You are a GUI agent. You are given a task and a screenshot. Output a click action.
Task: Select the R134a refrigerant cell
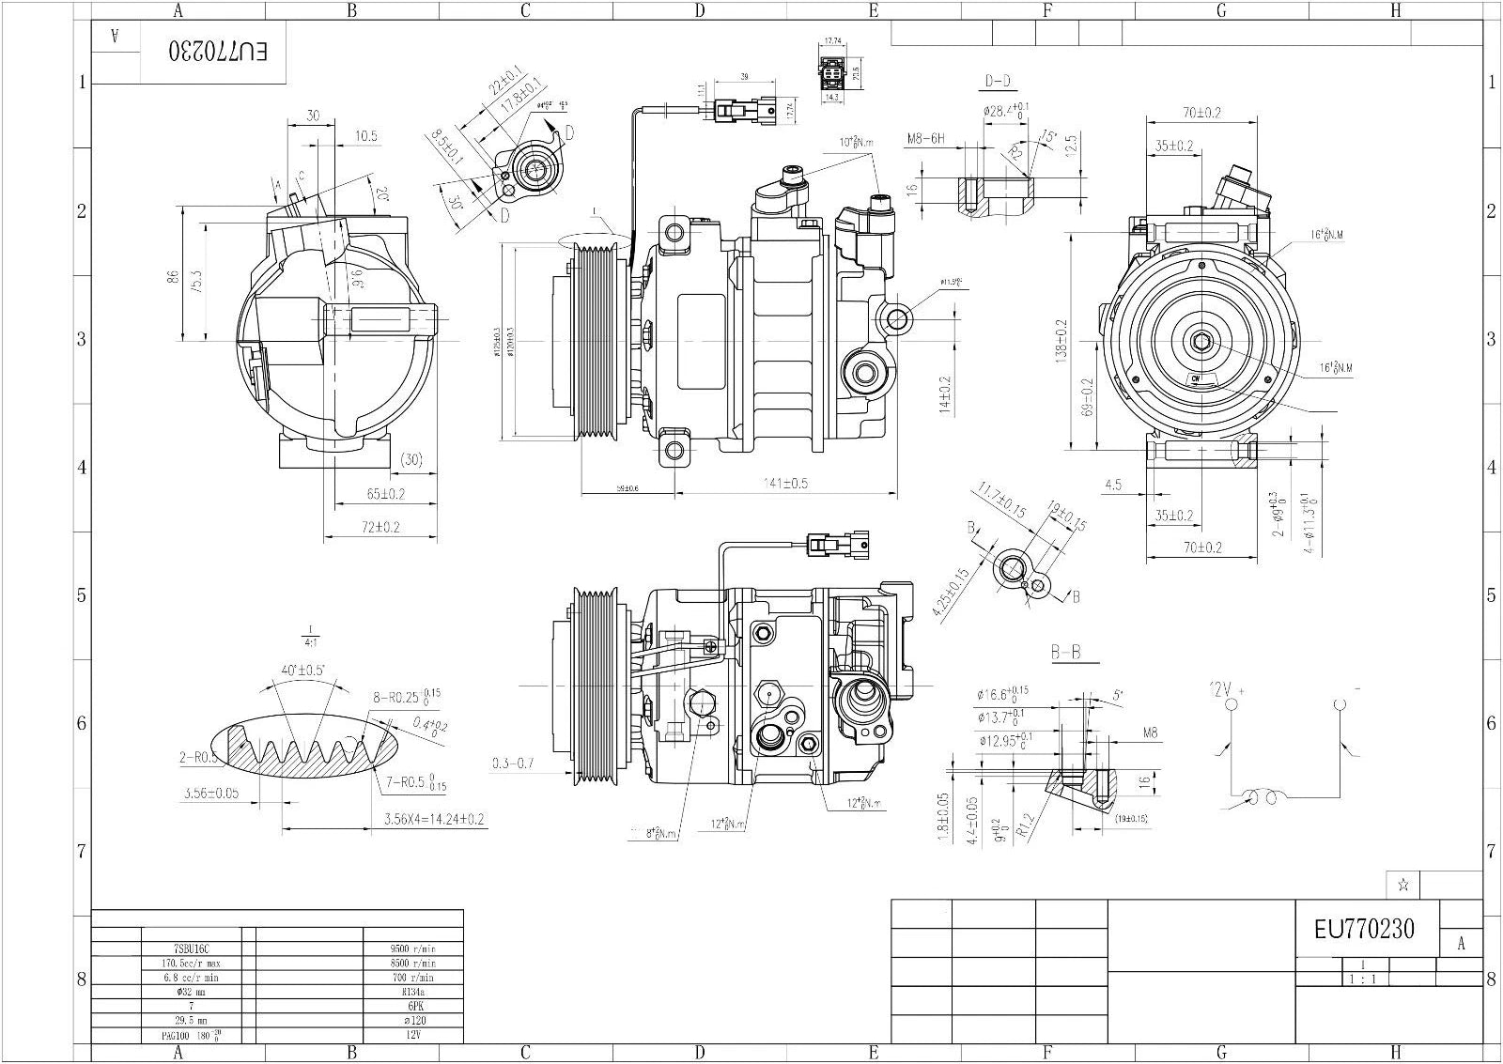pyautogui.click(x=412, y=991)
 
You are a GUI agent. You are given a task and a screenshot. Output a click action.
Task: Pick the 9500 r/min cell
pyautogui.click(x=412, y=948)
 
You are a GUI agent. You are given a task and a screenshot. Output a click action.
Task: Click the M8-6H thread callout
pyautogui.click(x=925, y=139)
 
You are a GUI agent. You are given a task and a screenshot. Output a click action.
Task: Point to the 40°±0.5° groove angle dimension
pyautogui.click(x=302, y=671)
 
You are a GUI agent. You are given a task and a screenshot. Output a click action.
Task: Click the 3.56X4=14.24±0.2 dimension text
pyautogui.click(x=434, y=819)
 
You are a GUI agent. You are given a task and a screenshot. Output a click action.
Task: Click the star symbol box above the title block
pyautogui.click(x=1402, y=885)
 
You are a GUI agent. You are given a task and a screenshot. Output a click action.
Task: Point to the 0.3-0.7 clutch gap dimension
pyautogui.click(x=513, y=763)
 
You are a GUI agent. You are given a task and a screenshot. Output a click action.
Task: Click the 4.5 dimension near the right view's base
pyautogui.click(x=1113, y=486)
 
